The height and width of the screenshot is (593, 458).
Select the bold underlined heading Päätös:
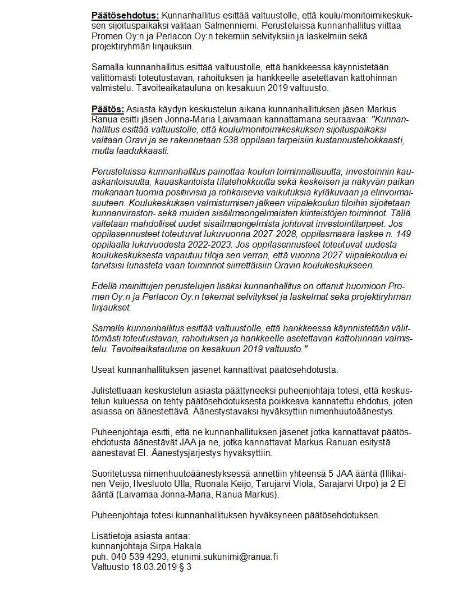tap(108, 108)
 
